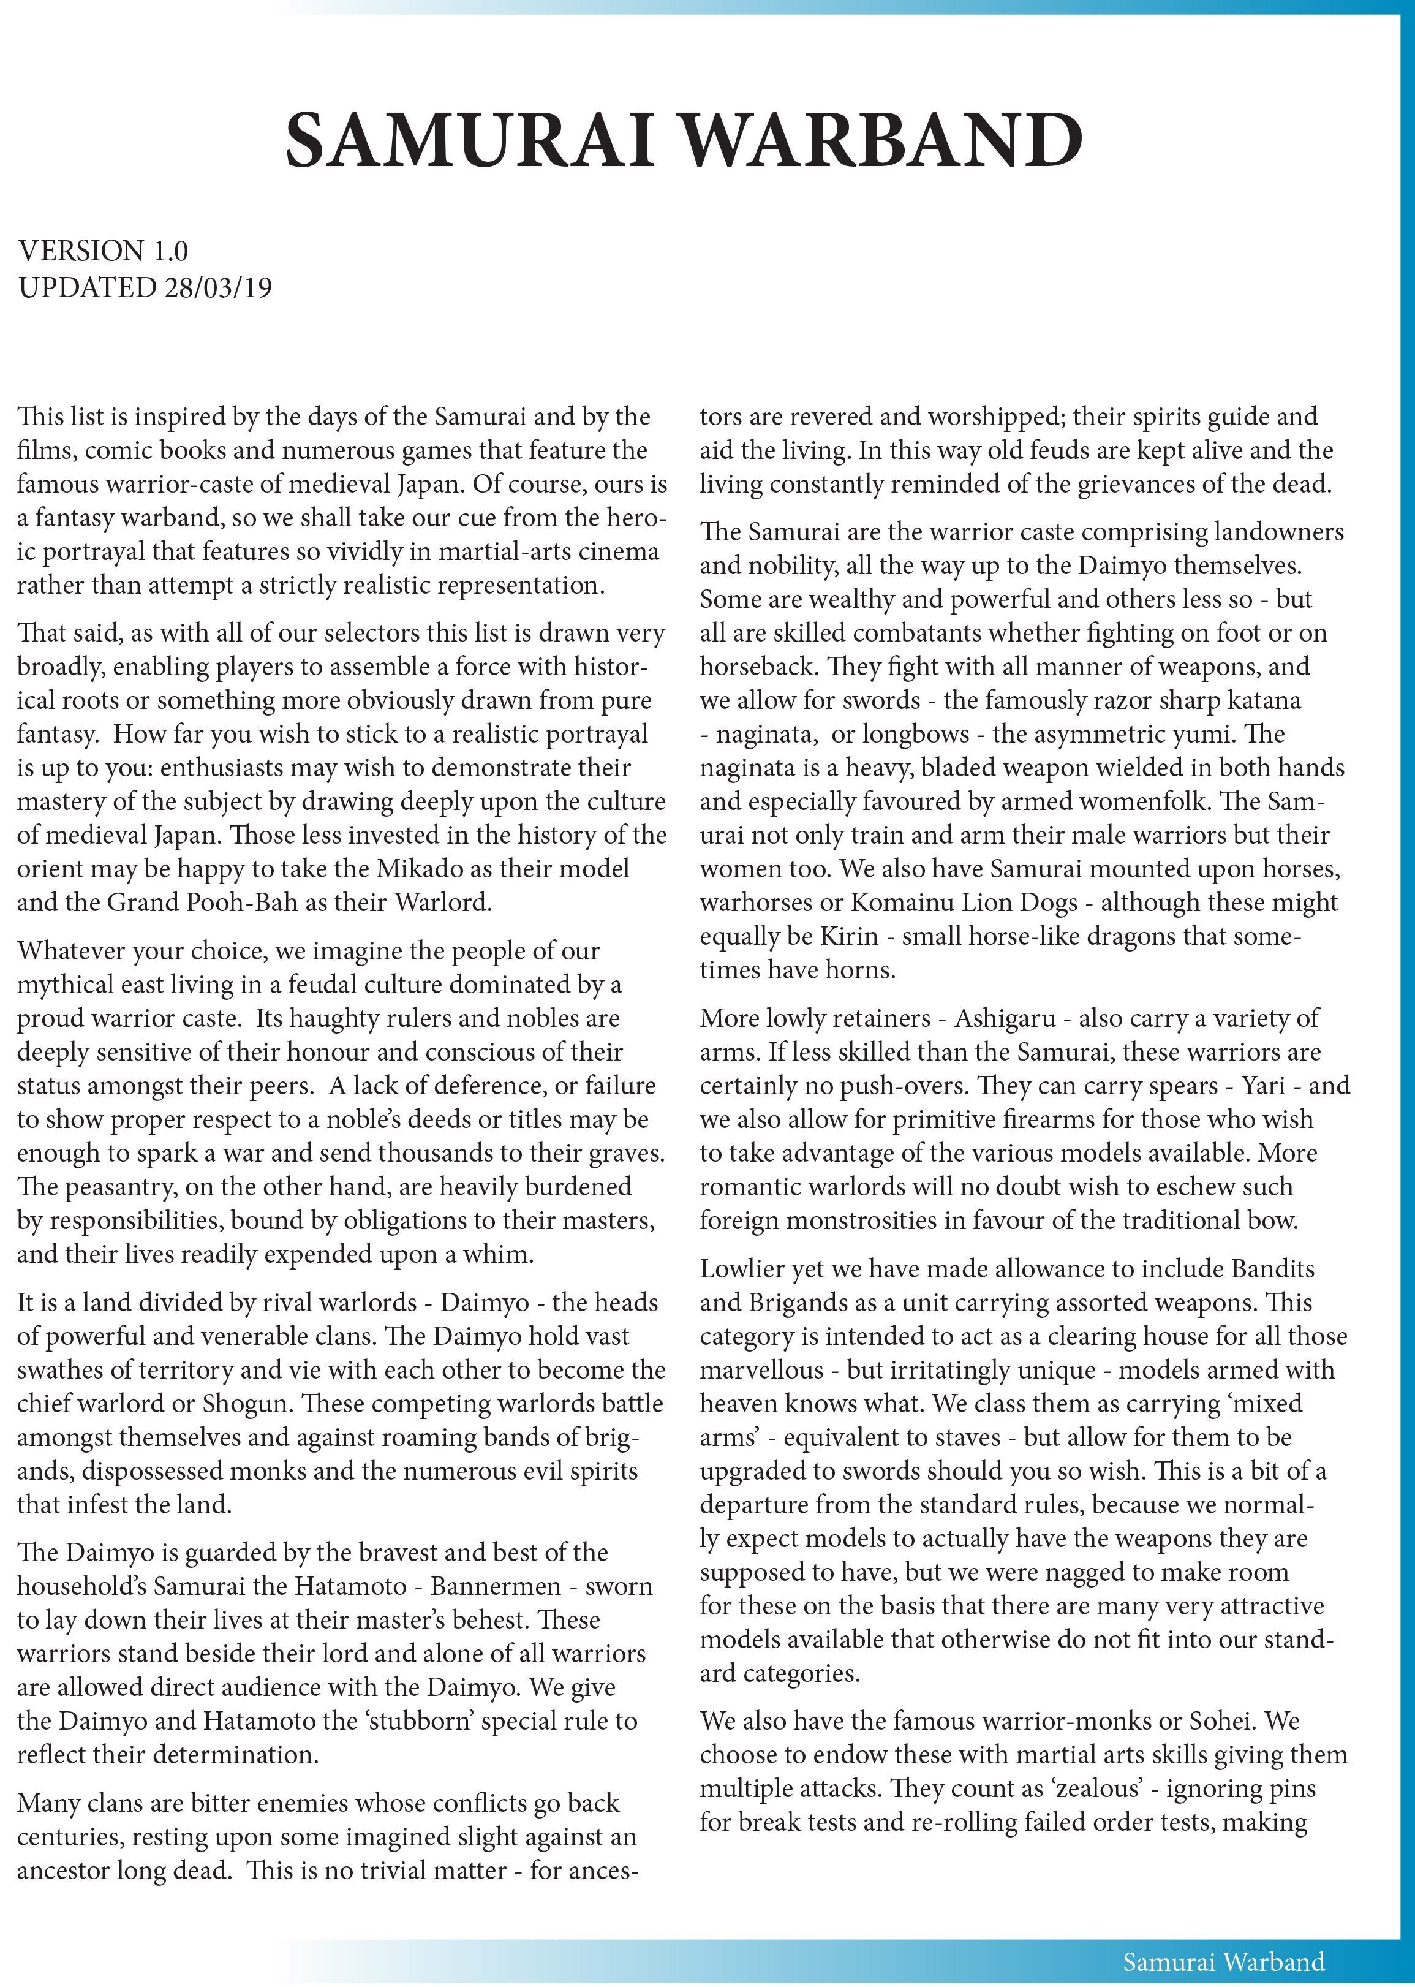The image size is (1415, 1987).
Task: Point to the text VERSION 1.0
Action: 103,251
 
